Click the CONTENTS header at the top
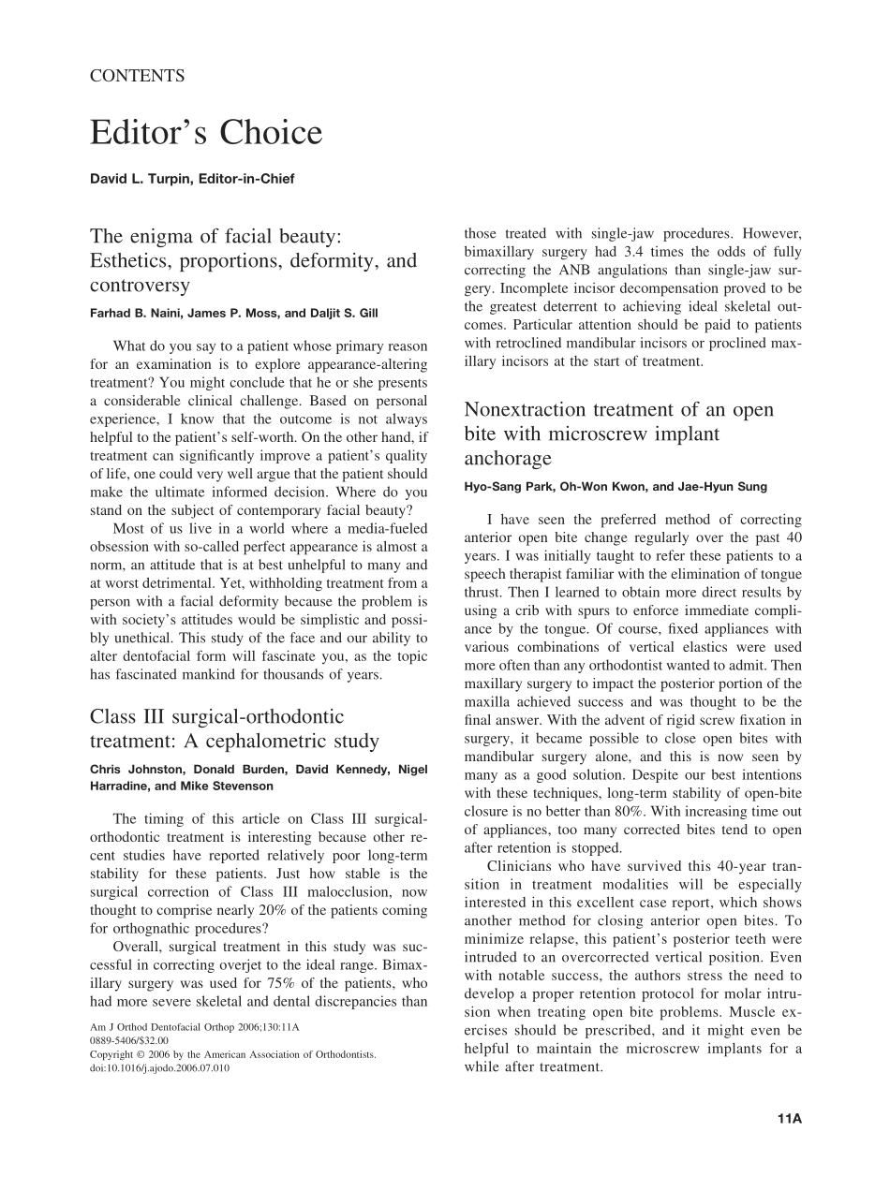coord(137,77)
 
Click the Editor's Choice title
coord(206,134)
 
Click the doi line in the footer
coord(160,1067)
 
